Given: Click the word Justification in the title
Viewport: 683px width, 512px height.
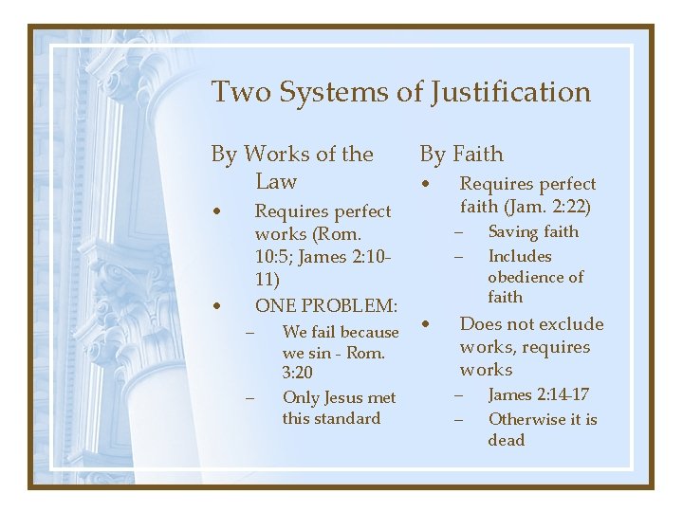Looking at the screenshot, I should (510, 93).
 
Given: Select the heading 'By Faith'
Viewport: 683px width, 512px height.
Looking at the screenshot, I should (462, 154).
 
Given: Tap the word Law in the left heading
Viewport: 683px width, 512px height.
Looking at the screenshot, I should (276, 181).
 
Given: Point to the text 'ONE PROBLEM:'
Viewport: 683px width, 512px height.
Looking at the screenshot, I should (326, 305).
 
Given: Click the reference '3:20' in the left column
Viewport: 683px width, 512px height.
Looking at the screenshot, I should (298, 374).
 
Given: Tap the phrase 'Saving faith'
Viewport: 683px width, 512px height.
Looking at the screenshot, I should (533, 231).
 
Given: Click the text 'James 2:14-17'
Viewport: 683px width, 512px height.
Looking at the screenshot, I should (538, 394).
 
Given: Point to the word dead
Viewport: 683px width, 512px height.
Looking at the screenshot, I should (507, 440).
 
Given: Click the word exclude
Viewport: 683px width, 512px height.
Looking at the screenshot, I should (572, 324).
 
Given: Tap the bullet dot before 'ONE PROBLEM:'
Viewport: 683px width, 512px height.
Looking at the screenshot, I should (218, 306).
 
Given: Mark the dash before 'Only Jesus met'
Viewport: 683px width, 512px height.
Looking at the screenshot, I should (250, 398).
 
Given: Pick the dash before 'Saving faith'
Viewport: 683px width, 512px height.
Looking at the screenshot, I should (456, 232).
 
